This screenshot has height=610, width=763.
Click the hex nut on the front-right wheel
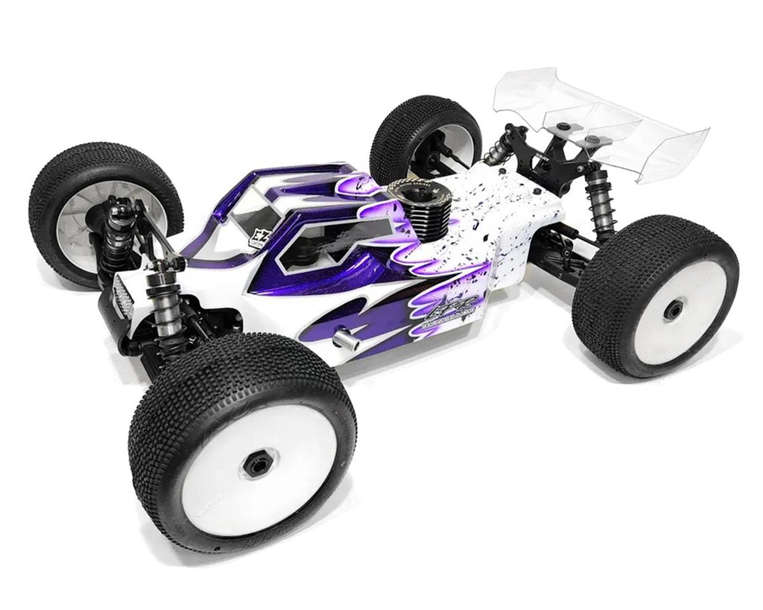[254, 465]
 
